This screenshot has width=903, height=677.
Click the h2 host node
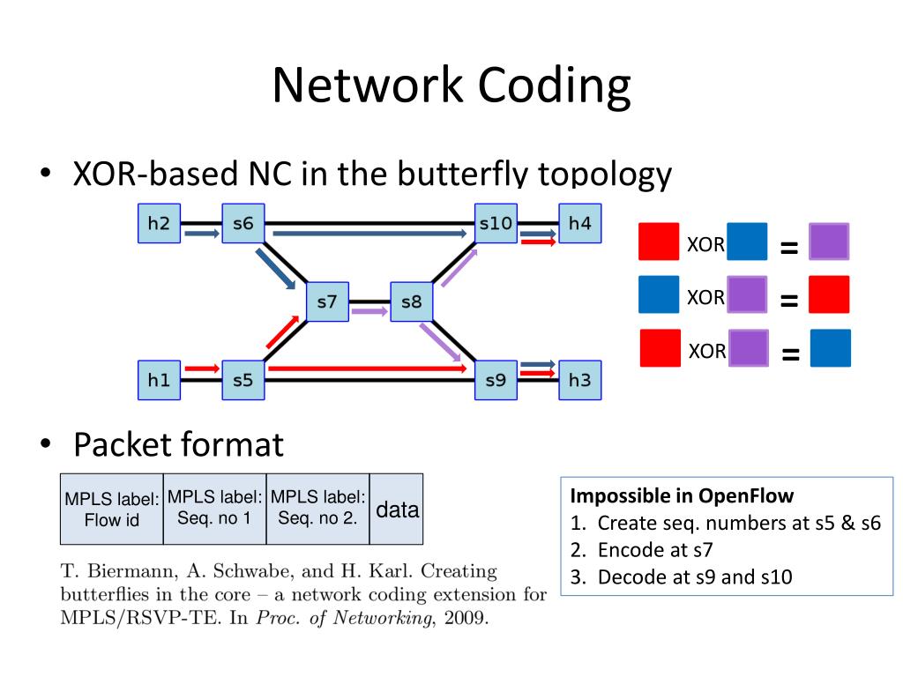[x=159, y=224]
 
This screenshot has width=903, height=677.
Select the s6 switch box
[x=243, y=224]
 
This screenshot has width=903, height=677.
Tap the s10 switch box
[x=495, y=224]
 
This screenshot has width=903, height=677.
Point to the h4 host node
[x=579, y=224]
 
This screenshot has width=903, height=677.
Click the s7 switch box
[x=327, y=302]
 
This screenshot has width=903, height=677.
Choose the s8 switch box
[x=412, y=302]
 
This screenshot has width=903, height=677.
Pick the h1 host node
[x=159, y=381]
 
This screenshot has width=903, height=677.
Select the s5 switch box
[x=243, y=381]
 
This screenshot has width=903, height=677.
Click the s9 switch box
[x=495, y=381]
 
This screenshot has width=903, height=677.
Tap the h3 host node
[x=579, y=381]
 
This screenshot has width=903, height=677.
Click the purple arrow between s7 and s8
[x=369, y=311]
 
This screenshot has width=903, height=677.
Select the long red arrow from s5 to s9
[x=368, y=368]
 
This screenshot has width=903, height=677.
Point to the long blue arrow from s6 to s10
[x=369, y=234]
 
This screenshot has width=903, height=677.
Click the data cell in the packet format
[x=397, y=510]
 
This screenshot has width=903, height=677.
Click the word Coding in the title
[x=555, y=86]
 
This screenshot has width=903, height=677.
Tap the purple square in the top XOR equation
[x=829, y=242]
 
